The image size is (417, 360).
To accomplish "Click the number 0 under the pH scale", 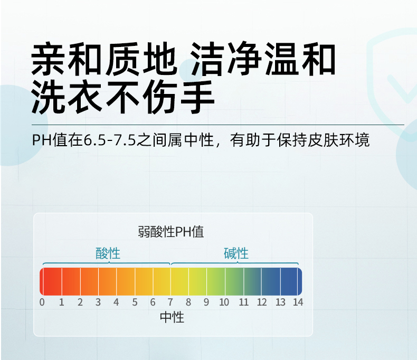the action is [42, 302].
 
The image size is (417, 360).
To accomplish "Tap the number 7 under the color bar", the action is [170, 302].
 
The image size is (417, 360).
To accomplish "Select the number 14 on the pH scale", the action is [298, 302].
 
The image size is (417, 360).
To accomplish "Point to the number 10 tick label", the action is [224, 302].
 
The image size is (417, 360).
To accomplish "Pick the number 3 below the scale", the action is [98, 302].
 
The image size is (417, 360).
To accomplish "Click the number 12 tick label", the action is [262, 302].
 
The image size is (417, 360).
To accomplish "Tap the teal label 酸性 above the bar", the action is [108, 253].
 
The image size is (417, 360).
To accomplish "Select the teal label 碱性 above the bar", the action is [236, 253].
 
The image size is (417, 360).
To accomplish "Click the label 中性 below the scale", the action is [172, 317].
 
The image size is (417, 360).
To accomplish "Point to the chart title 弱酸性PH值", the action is [171, 232].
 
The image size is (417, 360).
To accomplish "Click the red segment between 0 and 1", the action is [51, 281].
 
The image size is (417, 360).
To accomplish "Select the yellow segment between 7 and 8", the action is [180, 281].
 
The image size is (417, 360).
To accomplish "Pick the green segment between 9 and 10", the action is [216, 281].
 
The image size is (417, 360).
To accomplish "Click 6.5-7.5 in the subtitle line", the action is [110, 140].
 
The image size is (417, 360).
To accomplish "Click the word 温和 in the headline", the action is [300, 59].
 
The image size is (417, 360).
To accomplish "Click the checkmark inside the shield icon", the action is [402, 89].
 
